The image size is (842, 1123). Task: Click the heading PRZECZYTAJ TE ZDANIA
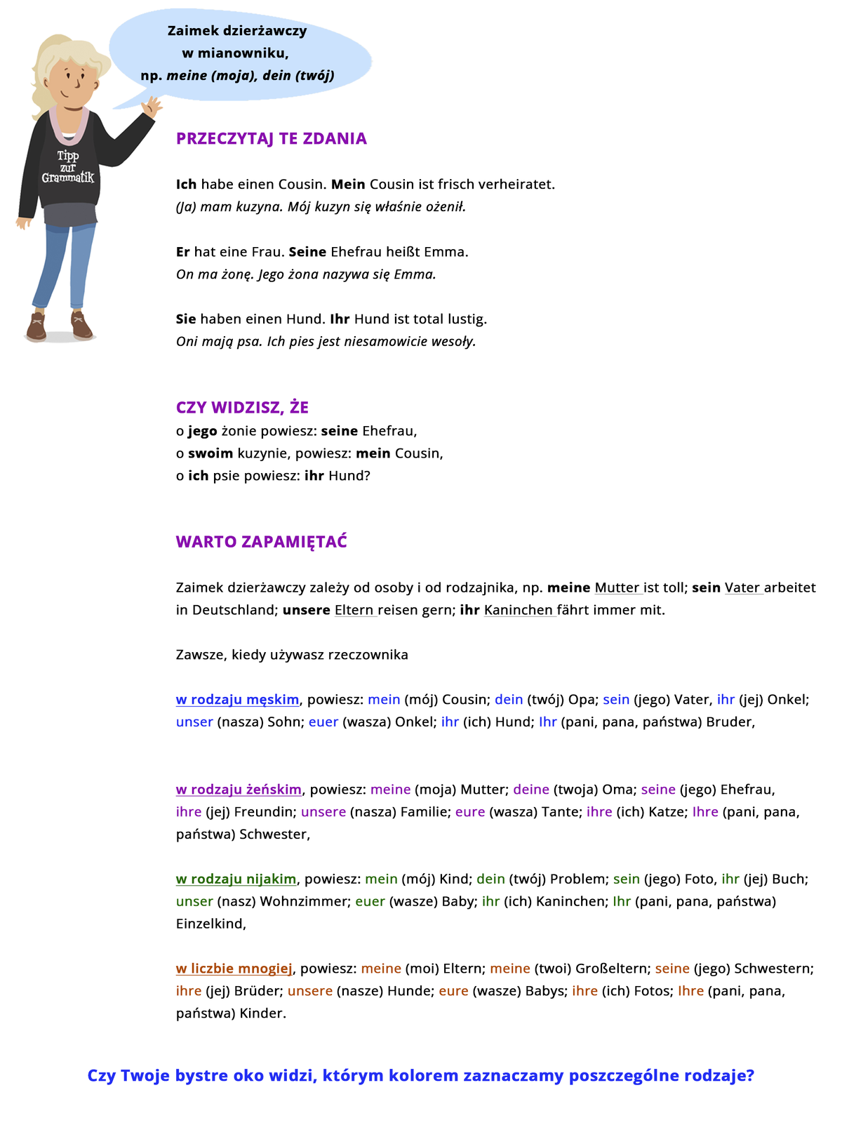point(271,138)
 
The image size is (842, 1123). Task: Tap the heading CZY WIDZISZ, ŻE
point(242,407)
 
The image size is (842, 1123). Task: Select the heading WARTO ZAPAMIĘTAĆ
point(261,542)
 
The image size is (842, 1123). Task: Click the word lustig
point(467,319)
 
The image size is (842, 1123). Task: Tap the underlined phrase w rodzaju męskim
point(237,699)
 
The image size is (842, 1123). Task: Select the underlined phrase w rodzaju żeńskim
point(239,789)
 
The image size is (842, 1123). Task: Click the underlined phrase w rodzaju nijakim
point(236,879)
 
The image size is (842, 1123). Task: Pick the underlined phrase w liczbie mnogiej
point(234,969)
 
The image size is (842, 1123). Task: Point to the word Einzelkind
point(210,924)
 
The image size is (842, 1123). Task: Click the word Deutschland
point(235,609)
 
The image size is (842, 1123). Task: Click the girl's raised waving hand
point(151,107)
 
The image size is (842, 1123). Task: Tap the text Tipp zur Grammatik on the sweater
point(67,167)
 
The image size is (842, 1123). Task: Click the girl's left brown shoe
point(36,327)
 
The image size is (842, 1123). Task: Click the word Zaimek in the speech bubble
point(193,30)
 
